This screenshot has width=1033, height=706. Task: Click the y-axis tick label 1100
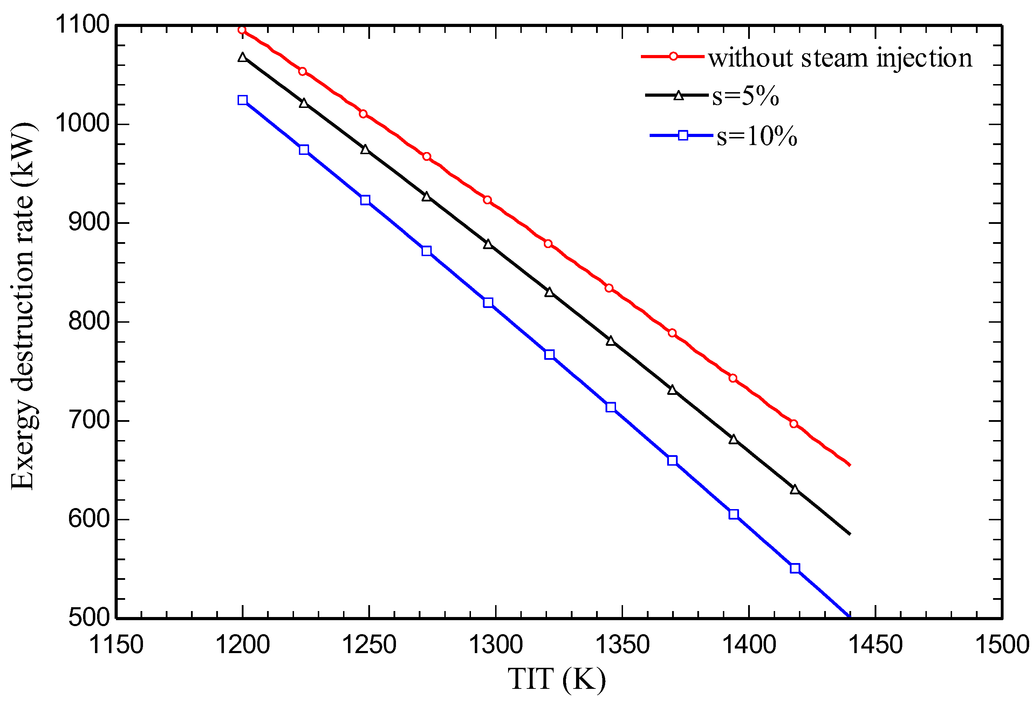coord(82,25)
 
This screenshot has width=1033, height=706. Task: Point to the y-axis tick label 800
coord(89,321)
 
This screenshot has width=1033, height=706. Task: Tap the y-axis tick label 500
coord(89,617)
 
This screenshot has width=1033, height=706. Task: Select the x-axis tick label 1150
coord(116,645)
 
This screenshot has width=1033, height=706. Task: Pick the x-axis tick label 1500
coord(1001,645)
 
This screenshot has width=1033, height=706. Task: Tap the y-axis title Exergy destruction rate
coord(23,307)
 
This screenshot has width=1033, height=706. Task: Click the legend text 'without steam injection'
coord(840,58)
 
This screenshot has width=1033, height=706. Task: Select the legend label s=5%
coord(745,96)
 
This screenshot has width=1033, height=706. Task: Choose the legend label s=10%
coord(757,136)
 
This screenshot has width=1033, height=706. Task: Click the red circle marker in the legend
coord(673,56)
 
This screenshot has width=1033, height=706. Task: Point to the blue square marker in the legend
coord(683,135)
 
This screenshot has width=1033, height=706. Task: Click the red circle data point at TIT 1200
coord(242,30)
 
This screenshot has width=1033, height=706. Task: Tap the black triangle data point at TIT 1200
coord(242,57)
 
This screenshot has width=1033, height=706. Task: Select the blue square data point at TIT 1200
coord(242,100)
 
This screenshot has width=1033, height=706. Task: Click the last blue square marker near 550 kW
coord(795,568)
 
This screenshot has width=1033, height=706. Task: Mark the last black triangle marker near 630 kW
coord(795,490)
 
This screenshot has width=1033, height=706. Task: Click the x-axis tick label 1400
coord(749,645)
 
